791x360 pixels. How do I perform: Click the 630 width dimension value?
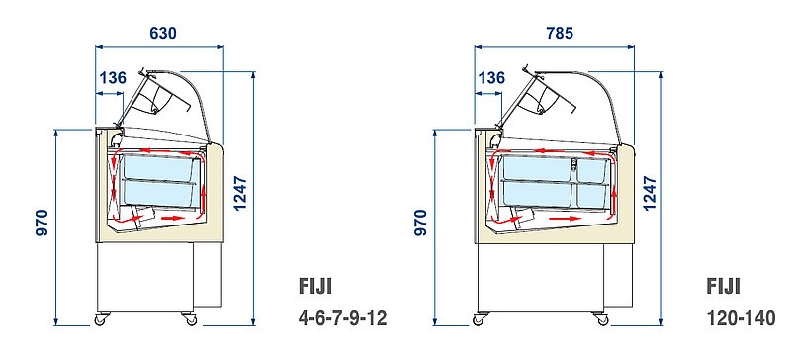tap(163, 33)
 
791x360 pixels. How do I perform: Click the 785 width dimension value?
tap(560, 33)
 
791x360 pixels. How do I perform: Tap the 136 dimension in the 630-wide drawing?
tap(113, 77)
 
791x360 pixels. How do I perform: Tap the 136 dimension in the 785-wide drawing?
tap(491, 77)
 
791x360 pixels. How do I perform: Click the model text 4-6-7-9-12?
tap(342, 318)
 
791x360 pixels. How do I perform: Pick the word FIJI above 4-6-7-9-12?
tap(314, 287)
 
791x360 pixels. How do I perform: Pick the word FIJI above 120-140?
tap(725, 287)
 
